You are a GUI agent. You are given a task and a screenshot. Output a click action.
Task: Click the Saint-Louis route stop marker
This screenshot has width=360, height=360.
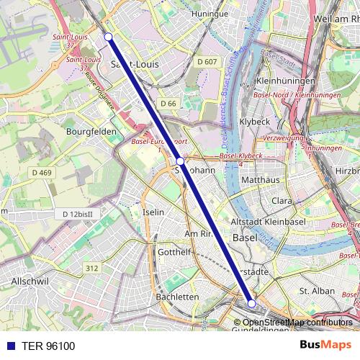pos(108,36)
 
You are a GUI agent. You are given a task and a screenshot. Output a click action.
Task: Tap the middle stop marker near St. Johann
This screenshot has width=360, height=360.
pos(181,162)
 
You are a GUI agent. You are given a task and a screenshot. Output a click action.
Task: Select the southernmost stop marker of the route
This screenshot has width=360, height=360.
pos(251,304)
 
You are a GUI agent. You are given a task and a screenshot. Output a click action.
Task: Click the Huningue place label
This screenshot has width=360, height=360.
pos(210,14)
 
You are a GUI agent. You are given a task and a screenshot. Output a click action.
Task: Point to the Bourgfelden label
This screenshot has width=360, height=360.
pos(91,132)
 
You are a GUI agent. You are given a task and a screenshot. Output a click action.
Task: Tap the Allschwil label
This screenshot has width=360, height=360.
pos(29,280)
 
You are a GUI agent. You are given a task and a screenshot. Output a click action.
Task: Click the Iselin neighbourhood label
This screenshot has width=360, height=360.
pos(153,212)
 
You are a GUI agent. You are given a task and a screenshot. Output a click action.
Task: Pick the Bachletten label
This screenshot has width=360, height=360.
pos(177,297)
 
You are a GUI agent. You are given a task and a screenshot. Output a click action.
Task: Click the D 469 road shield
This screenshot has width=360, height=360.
pos(42,173)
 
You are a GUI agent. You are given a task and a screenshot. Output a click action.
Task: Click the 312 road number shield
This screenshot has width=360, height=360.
pos(91,268)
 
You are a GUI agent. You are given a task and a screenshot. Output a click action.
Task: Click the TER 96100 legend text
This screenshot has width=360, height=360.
pos(48,346)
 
